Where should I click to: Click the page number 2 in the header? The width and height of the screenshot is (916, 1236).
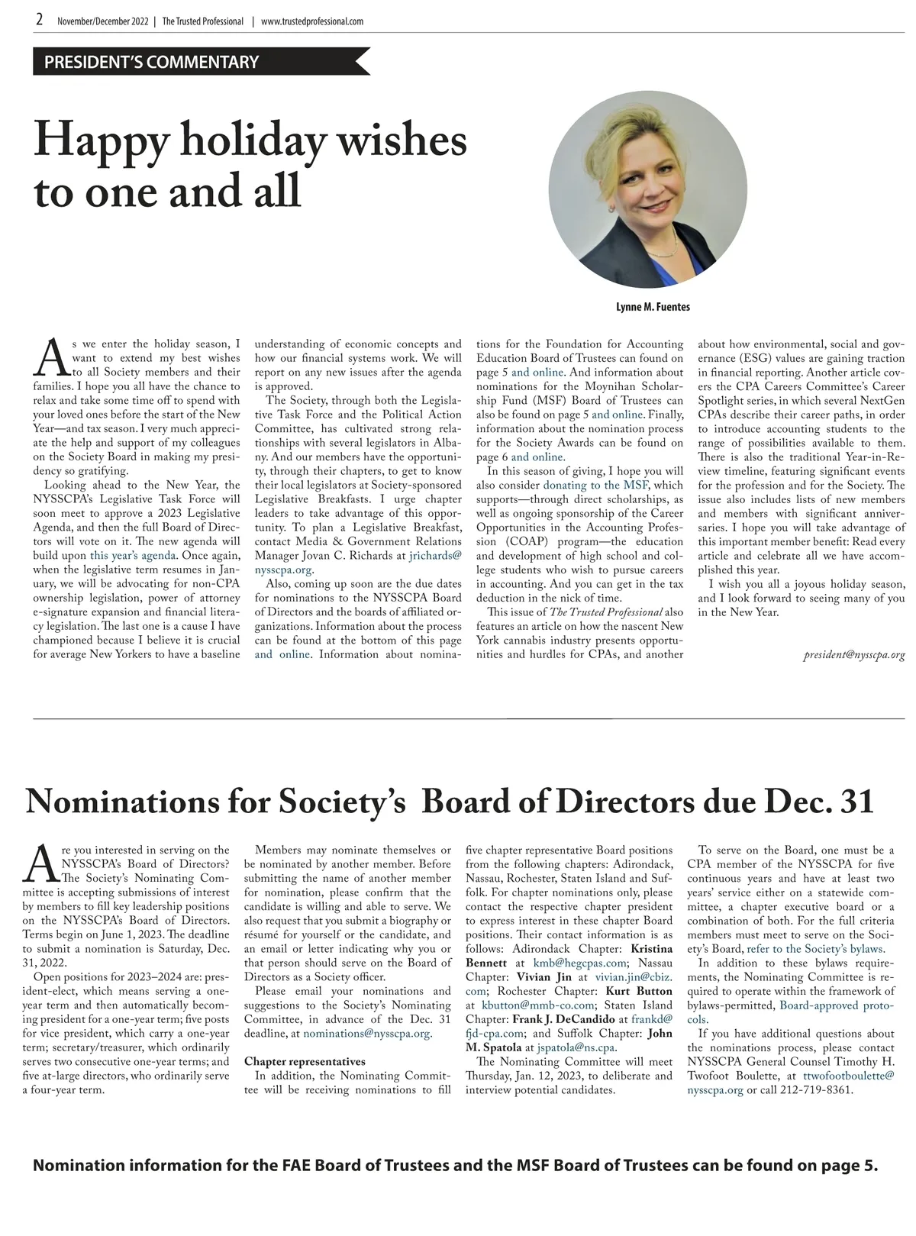click(39, 21)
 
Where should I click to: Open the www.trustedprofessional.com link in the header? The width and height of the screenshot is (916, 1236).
click(312, 21)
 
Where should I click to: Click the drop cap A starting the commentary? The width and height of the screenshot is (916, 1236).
click(50, 357)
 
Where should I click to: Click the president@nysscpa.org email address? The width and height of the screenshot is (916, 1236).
click(854, 655)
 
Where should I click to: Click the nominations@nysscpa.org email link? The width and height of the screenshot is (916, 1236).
click(367, 1034)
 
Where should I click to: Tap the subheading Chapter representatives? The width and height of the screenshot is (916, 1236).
click(305, 1061)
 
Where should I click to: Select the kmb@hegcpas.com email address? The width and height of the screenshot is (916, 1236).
click(579, 963)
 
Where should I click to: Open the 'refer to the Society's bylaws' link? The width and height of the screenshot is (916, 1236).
click(815, 949)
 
